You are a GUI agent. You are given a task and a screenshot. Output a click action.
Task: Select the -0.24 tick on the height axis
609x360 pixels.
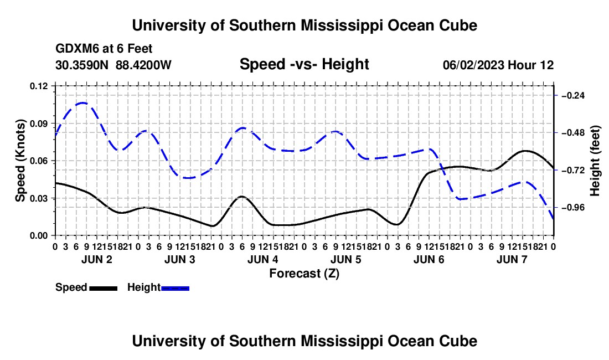574,95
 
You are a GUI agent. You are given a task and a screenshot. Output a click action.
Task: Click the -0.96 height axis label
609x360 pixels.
574,208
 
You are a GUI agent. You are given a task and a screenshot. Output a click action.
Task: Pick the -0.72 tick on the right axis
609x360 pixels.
574,171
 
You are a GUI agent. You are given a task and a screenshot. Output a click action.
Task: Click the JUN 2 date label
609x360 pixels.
97,259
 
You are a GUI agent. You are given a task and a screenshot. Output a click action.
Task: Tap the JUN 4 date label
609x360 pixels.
263,259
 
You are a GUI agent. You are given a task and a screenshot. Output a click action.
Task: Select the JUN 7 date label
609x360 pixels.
512,259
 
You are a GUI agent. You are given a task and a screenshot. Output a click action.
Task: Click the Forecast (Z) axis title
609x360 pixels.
304,274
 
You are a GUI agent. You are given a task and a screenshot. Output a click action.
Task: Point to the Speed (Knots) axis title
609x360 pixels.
20,161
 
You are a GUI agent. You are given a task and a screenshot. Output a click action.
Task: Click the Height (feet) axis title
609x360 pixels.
595,161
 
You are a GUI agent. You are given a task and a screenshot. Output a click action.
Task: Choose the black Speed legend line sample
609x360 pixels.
104,289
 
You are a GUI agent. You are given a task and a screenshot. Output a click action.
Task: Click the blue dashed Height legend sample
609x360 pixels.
175,289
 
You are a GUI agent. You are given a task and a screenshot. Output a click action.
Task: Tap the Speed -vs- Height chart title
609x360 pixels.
304,64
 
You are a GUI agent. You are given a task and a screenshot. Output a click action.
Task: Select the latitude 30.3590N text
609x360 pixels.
82,65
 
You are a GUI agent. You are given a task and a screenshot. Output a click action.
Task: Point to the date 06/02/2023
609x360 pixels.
473,65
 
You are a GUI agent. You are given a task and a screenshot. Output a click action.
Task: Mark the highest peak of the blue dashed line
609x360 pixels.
82,103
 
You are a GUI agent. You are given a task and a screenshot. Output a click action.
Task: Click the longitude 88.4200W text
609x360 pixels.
143,65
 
